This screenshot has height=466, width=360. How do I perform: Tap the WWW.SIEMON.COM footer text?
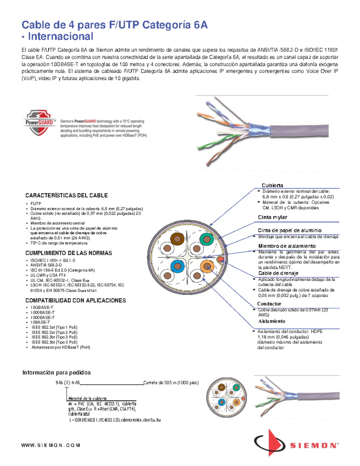coord(50,445)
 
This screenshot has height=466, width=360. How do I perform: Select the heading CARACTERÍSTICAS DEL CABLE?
coord(66,195)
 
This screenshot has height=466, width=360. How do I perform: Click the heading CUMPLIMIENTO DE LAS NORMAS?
coord(68,253)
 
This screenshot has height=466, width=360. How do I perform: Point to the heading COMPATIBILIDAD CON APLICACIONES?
coord(76,300)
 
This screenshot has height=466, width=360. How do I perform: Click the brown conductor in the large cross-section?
coord(177,239)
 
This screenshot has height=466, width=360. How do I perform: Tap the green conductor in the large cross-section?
coord(206,239)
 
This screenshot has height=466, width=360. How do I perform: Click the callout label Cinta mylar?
coord(272,217)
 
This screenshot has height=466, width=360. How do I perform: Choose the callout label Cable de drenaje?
coord(278,273)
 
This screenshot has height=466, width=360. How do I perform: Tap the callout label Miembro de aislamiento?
coord(287,246)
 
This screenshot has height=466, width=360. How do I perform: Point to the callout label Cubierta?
coord(272,185)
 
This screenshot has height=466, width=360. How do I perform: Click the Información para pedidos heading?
coord(56,372)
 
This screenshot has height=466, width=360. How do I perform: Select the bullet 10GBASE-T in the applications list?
coord(42,307)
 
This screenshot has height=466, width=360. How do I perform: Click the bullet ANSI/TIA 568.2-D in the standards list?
coord(46,265)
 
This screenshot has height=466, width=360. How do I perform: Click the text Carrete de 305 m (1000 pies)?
coord(171,383)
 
